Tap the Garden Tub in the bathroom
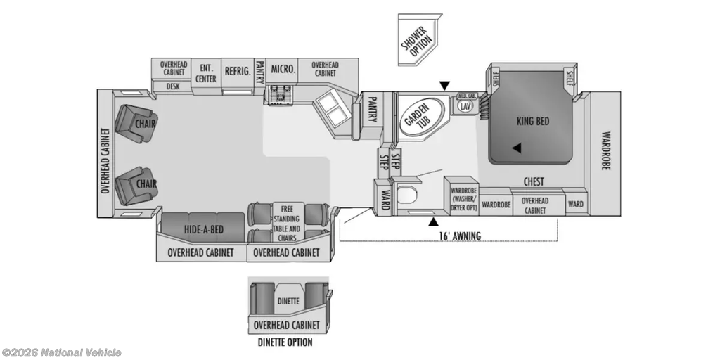tap(420, 116)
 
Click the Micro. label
tap(282, 69)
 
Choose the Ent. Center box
tap(206, 73)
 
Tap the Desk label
tap(172, 86)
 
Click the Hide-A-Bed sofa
tap(204, 229)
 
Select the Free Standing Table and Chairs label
tap(285, 222)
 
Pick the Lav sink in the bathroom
tap(465, 105)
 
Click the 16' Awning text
tap(462, 236)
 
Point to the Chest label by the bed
tap(534, 182)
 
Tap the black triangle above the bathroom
tap(444, 86)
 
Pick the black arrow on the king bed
tap(517, 148)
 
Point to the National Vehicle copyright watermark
tap(62, 352)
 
